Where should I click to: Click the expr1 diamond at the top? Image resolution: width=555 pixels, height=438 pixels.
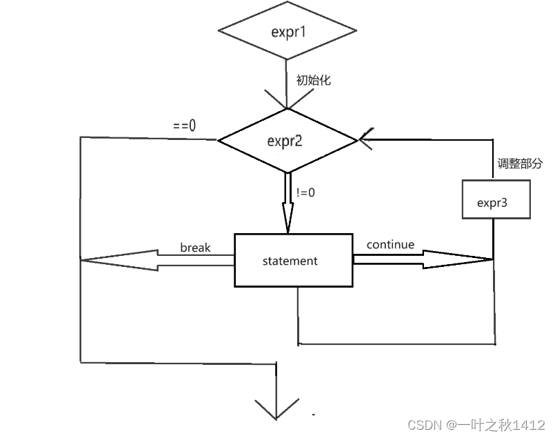pos(287,32)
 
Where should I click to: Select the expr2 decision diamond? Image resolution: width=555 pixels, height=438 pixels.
pos(287,141)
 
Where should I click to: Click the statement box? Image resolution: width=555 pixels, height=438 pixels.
pos(293,261)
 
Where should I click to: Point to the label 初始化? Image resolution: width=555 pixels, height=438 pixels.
pos(314,81)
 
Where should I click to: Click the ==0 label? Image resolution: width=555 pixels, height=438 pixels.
pos(184,126)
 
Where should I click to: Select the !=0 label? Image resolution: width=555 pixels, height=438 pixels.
pos(305,193)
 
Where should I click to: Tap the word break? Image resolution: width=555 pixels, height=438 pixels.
pos(195,248)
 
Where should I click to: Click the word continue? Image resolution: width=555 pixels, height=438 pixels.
pos(390,245)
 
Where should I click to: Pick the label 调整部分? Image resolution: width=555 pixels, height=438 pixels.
pos(521,164)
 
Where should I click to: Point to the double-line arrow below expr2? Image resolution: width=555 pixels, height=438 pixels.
pos(287,203)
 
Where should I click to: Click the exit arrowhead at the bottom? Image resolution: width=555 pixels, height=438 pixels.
pos(276,408)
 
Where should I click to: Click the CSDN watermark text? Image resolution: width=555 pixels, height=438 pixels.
pos(476,424)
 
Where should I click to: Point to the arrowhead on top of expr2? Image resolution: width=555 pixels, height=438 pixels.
pos(287,101)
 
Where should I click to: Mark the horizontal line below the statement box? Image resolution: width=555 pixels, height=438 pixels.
pos(396,344)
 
